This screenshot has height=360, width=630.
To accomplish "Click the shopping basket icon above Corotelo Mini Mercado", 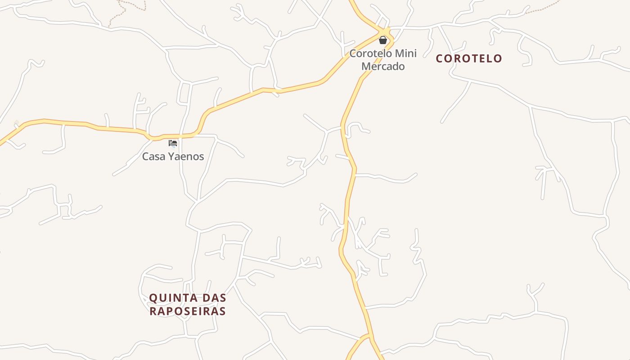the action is (x=383, y=40).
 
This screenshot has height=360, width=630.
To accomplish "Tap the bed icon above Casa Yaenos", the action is (x=173, y=144).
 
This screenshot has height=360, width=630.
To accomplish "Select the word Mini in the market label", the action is (x=406, y=53).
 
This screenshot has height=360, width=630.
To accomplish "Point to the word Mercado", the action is (x=383, y=66).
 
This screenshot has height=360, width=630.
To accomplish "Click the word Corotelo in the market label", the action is (x=370, y=53).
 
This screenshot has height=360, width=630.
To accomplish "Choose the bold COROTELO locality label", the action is (x=469, y=58).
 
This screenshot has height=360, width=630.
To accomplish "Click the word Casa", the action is (x=152, y=157).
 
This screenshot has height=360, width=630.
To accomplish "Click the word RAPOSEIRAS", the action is (x=188, y=311).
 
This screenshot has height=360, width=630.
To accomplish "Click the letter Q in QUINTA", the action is (x=153, y=298).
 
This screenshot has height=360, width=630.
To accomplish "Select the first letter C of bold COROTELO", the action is (x=440, y=58).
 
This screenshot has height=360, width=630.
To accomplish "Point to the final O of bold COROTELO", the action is (x=498, y=58).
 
